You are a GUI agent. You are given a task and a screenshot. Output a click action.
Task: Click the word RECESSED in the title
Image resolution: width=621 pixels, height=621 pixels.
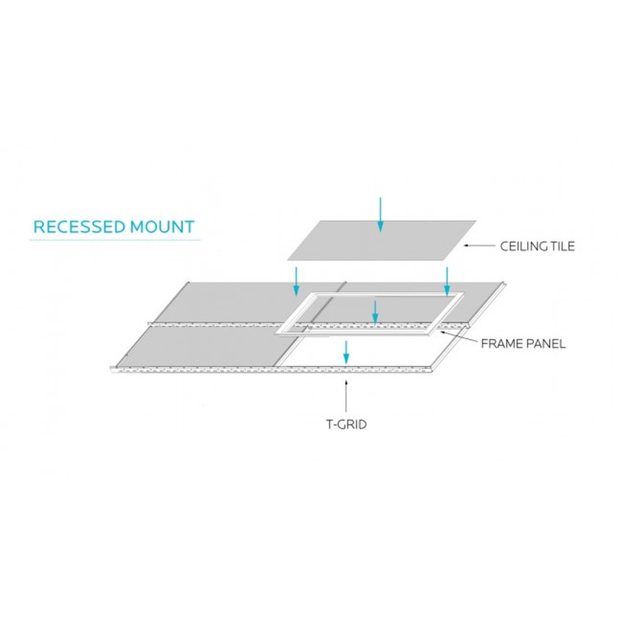79,227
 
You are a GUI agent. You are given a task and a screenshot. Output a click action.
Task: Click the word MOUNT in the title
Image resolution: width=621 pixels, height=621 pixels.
163,227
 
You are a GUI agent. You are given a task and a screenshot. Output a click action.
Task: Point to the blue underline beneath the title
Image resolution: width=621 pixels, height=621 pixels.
115,240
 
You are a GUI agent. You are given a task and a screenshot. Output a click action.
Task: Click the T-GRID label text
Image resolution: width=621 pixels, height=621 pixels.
346,424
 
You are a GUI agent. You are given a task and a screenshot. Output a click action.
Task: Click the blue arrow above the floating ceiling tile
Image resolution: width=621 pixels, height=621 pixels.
380,214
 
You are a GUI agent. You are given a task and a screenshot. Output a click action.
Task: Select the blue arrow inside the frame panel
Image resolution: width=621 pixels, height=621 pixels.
375,312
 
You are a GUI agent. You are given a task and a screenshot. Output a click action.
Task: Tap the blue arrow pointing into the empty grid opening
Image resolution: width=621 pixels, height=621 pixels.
346,352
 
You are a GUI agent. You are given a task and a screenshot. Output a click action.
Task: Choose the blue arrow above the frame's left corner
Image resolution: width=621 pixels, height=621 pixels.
295,281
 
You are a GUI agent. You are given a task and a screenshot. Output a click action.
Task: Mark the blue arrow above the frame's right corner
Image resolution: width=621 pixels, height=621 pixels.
447,281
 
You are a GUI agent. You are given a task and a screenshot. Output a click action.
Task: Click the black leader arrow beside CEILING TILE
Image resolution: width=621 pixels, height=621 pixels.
480,246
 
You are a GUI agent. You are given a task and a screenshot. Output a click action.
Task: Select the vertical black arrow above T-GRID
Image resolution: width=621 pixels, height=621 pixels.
346,396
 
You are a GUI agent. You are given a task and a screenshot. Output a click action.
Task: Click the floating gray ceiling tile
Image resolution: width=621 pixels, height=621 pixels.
381,240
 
